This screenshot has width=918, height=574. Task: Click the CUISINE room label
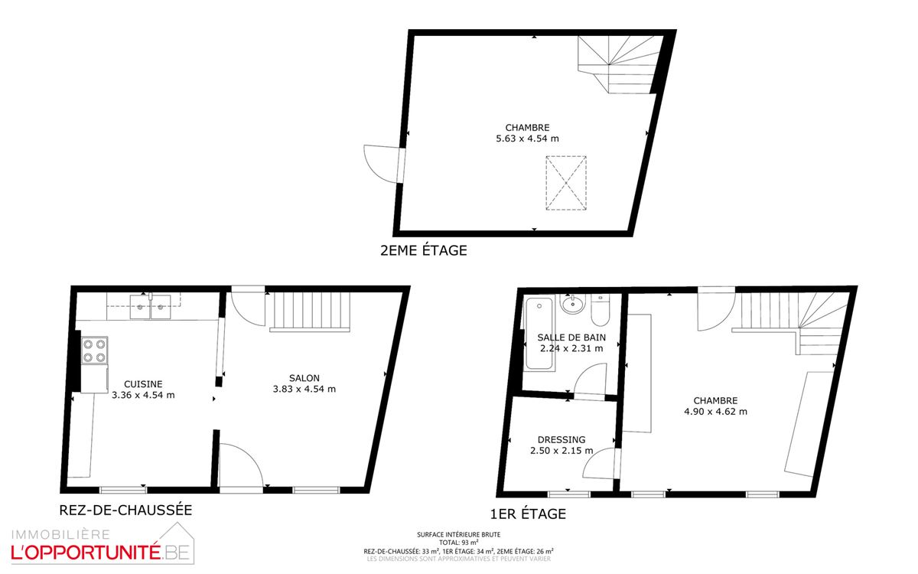[143, 384]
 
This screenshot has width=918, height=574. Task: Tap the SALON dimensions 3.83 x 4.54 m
[304, 389]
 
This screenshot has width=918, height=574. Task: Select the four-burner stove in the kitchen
[95, 351]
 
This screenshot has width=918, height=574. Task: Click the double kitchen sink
[151, 307]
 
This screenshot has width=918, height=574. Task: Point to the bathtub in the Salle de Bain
[539, 334]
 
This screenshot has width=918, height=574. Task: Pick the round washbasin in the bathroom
[572, 305]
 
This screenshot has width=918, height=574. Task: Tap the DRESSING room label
[562, 440]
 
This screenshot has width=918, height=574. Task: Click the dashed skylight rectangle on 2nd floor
[566, 183]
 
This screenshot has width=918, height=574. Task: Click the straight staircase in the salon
[310, 311]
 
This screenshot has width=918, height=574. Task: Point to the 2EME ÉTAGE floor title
[423, 250]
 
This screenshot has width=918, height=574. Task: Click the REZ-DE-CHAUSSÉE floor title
[125, 510]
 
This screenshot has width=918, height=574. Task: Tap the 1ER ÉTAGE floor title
[529, 514]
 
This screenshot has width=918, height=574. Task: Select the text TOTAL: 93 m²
[458, 543]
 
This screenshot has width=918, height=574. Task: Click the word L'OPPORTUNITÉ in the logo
[85, 553]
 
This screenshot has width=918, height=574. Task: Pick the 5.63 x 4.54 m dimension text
[527, 139]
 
